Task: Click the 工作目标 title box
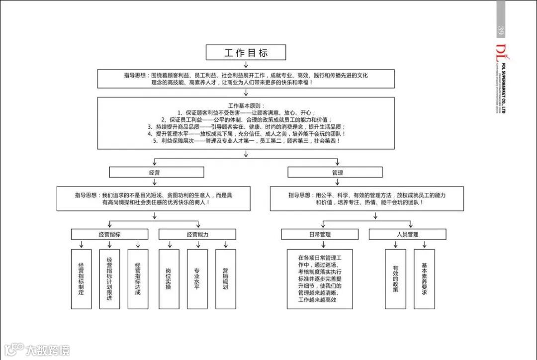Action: pyautogui.click(x=246, y=53)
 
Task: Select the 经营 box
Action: pyautogui.click(x=156, y=173)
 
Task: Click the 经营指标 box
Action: pyautogui.click(x=109, y=234)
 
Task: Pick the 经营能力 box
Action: pyautogui.click(x=197, y=234)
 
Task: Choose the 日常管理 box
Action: pyautogui.click(x=319, y=234)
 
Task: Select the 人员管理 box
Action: pyautogui.click(x=407, y=234)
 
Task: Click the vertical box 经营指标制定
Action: pyautogui.click(x=82, y=279)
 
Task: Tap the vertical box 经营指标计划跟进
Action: pyautogui.click(x=110, y=279)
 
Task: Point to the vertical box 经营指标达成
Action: pyautogui.click(x=138, y=279)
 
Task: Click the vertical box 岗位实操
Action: pyautogui.click(x=169, y=279)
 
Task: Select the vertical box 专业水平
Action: pyautogui.click(x=197, y=279)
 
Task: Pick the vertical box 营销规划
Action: pyautogui.click(x=225, y=279)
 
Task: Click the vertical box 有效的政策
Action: pyautogui.click(x=395, y=279)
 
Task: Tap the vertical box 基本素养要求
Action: pyautogui.click(x=424, y=279)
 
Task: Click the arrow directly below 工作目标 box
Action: pyautogui.click(x=246, y=65)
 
